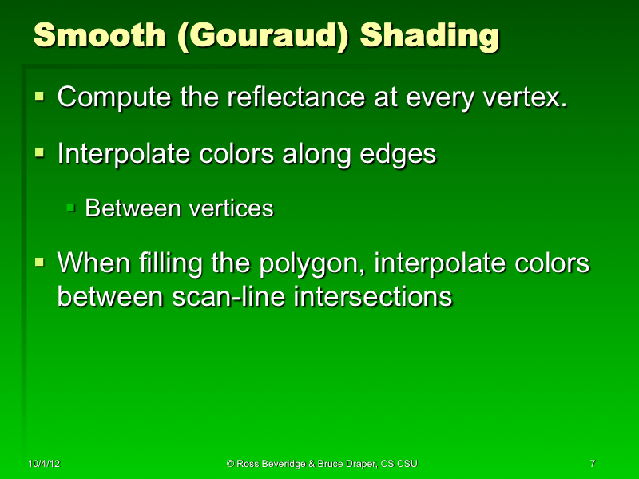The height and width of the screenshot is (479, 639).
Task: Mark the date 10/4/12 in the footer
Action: (x=41, y=464)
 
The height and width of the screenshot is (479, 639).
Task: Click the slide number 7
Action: (x=592, y=464)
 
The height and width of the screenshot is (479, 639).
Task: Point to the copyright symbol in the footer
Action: (x=230, y=464)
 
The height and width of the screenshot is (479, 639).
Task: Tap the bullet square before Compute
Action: (x=41, y=98)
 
